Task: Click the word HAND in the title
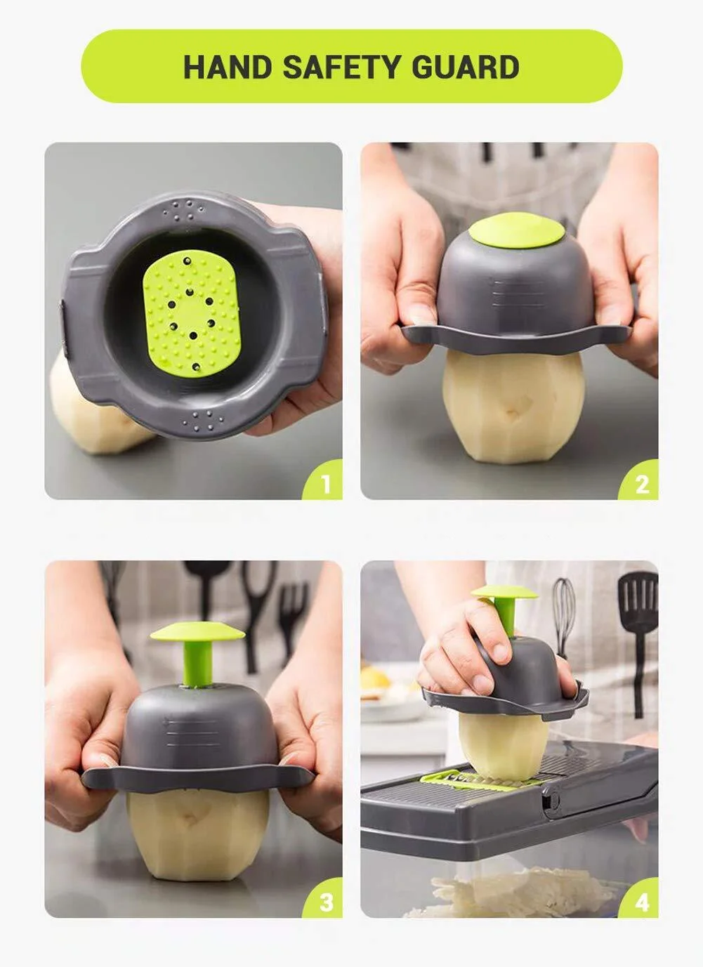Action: click(x=227, y=67)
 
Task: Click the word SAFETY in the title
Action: click(x=341, y=67)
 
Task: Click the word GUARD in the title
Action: click(x=465, y=67)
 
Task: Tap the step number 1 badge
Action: click(x=324, y=483)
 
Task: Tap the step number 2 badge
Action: click(x=640, y=483)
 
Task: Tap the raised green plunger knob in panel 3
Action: click(x=197, y=634)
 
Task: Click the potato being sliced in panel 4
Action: click(x=501, y=737)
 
